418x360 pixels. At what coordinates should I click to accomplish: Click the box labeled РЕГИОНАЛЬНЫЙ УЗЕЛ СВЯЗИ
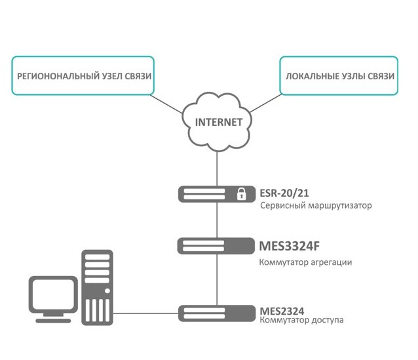coord(84,76)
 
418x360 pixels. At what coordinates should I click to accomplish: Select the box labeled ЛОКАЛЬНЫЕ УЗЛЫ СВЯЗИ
coord(339,76)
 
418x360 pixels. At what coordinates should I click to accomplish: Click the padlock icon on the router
coord(241,194)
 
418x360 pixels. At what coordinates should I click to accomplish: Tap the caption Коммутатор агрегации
coord(306,262)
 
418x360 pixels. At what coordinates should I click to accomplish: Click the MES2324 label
coord(282,310)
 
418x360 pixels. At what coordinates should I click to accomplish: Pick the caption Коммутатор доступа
coord(301,320)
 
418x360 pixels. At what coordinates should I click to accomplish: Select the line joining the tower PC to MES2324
coord(147,313)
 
